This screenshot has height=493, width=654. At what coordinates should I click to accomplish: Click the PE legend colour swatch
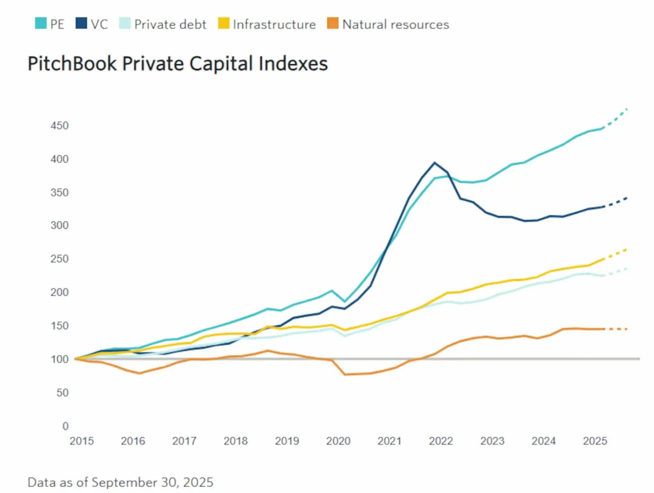[x=40, y=23]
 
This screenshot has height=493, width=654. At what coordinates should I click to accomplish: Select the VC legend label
[x=99, y=24]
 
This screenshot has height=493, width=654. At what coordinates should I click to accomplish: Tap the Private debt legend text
[x=170, y=24]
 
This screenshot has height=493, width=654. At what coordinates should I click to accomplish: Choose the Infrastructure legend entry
[x=274, y=24]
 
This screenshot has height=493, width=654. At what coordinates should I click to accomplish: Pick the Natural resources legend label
[x=395, y=24]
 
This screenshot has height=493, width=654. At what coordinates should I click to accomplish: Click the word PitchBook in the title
[x=72, y=64]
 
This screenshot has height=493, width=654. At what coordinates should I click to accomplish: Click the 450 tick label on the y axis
[x=59, y=126]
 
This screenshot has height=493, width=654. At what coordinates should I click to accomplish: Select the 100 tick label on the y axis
[x=59, y=359]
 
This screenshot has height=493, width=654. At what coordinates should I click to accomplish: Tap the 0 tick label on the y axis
[x=65, y=426]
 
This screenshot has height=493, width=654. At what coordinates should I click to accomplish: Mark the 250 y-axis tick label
[x=59, y=259]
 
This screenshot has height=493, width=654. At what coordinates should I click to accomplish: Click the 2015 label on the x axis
[x=81, y=441]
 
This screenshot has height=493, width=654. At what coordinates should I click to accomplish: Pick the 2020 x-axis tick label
[x=338, y=441]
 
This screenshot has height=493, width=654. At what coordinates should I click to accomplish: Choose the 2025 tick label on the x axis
[x=595, y=441]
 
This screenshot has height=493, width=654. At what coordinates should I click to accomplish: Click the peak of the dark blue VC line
[x=435, y=163]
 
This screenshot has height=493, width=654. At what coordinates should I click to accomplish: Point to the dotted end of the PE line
[x=626, y=109]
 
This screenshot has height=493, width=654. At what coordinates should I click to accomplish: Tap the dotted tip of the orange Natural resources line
[x=626, y=329]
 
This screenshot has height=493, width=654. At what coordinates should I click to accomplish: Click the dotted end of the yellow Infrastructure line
[x=626, y=249]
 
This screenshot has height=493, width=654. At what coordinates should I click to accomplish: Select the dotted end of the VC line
[x=626, y=198]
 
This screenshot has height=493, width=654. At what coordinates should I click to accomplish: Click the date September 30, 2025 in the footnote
[x=153, y=483]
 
